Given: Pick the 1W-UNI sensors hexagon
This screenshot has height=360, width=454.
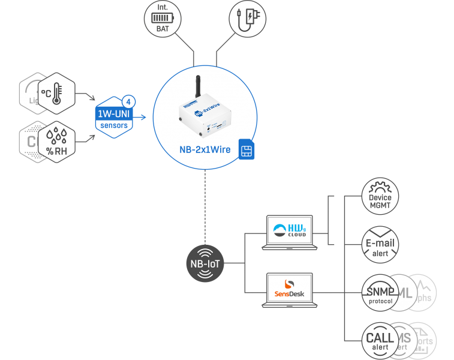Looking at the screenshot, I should coord(114,115).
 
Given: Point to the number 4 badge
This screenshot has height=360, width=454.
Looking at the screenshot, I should coord(127,101).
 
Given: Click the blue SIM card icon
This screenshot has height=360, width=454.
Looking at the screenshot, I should coord(246,149).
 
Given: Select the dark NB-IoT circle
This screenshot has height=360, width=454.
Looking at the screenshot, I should coord(205,263).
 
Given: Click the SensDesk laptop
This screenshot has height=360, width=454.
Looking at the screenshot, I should coord(288,289).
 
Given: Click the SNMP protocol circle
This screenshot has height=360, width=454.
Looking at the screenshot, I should coord(380,293).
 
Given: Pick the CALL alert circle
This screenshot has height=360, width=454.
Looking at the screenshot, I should coord(380,340).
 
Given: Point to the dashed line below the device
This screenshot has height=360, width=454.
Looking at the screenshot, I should coord(205,204).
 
